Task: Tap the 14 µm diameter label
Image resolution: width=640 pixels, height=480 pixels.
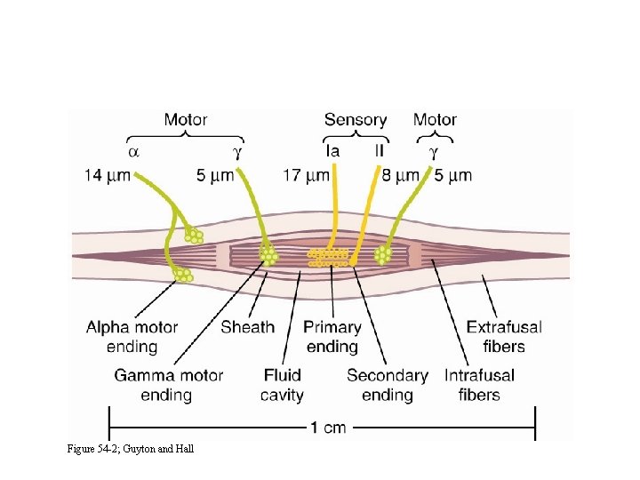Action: click(108, 175)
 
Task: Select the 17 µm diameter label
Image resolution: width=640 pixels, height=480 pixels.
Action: click(305, 175)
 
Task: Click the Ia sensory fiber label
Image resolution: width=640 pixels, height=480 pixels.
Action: click(332, 151)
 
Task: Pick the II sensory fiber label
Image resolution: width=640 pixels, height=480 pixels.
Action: click(380, 151)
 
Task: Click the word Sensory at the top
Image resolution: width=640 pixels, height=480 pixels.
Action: click(356, 119)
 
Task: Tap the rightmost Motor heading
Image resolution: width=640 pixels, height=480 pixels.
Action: click(435, 119)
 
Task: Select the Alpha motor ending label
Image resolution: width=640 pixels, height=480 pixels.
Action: click(132, 337)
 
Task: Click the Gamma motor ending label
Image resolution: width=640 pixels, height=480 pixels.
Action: click(168, 385)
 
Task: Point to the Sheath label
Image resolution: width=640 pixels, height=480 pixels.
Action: click(247, 327)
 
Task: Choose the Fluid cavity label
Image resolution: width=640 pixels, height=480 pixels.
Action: click(283, 385)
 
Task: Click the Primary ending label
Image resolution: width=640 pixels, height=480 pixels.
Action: click(332, 337)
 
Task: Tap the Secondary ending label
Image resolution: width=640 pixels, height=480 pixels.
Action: click(388, 385)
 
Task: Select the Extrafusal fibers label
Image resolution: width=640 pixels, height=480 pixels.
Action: click(504, 337)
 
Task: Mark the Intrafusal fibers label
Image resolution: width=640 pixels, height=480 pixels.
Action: click(479, 385)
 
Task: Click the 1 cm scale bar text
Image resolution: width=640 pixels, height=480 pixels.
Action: click(328, 428)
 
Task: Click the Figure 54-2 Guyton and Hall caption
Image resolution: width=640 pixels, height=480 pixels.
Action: click(130, 448)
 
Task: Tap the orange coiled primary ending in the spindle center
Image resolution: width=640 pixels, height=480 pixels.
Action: click(327, 258)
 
